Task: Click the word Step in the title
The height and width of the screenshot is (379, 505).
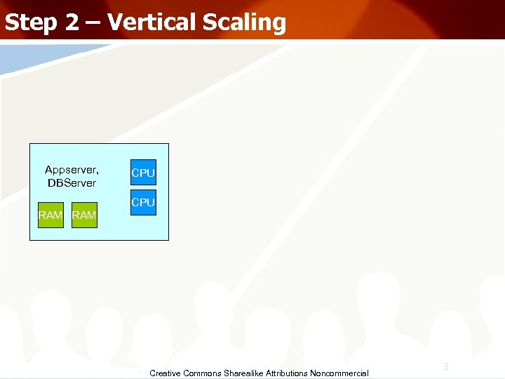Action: click(31, 22)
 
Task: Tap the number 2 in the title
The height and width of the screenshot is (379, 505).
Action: click(74, 22)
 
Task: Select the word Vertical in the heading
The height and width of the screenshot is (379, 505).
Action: click(151, 22)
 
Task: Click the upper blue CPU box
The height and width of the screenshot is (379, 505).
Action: click(143, 173)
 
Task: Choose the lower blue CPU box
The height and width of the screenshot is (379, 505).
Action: click(143, 202)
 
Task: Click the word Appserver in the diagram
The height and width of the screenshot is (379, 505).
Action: click(71, 170)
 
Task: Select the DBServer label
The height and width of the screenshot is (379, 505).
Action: click(72, 182)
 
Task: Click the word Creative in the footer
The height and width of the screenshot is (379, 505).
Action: click(166, 373)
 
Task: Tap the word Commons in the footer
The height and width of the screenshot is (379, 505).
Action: click(203, 373)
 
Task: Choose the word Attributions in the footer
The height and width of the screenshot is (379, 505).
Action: click(289, 373)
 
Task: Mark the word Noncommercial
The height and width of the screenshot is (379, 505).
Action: click(342, 373)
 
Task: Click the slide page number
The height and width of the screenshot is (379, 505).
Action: click(446, 366)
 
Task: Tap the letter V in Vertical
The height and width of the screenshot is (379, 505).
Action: click(116, 22)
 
